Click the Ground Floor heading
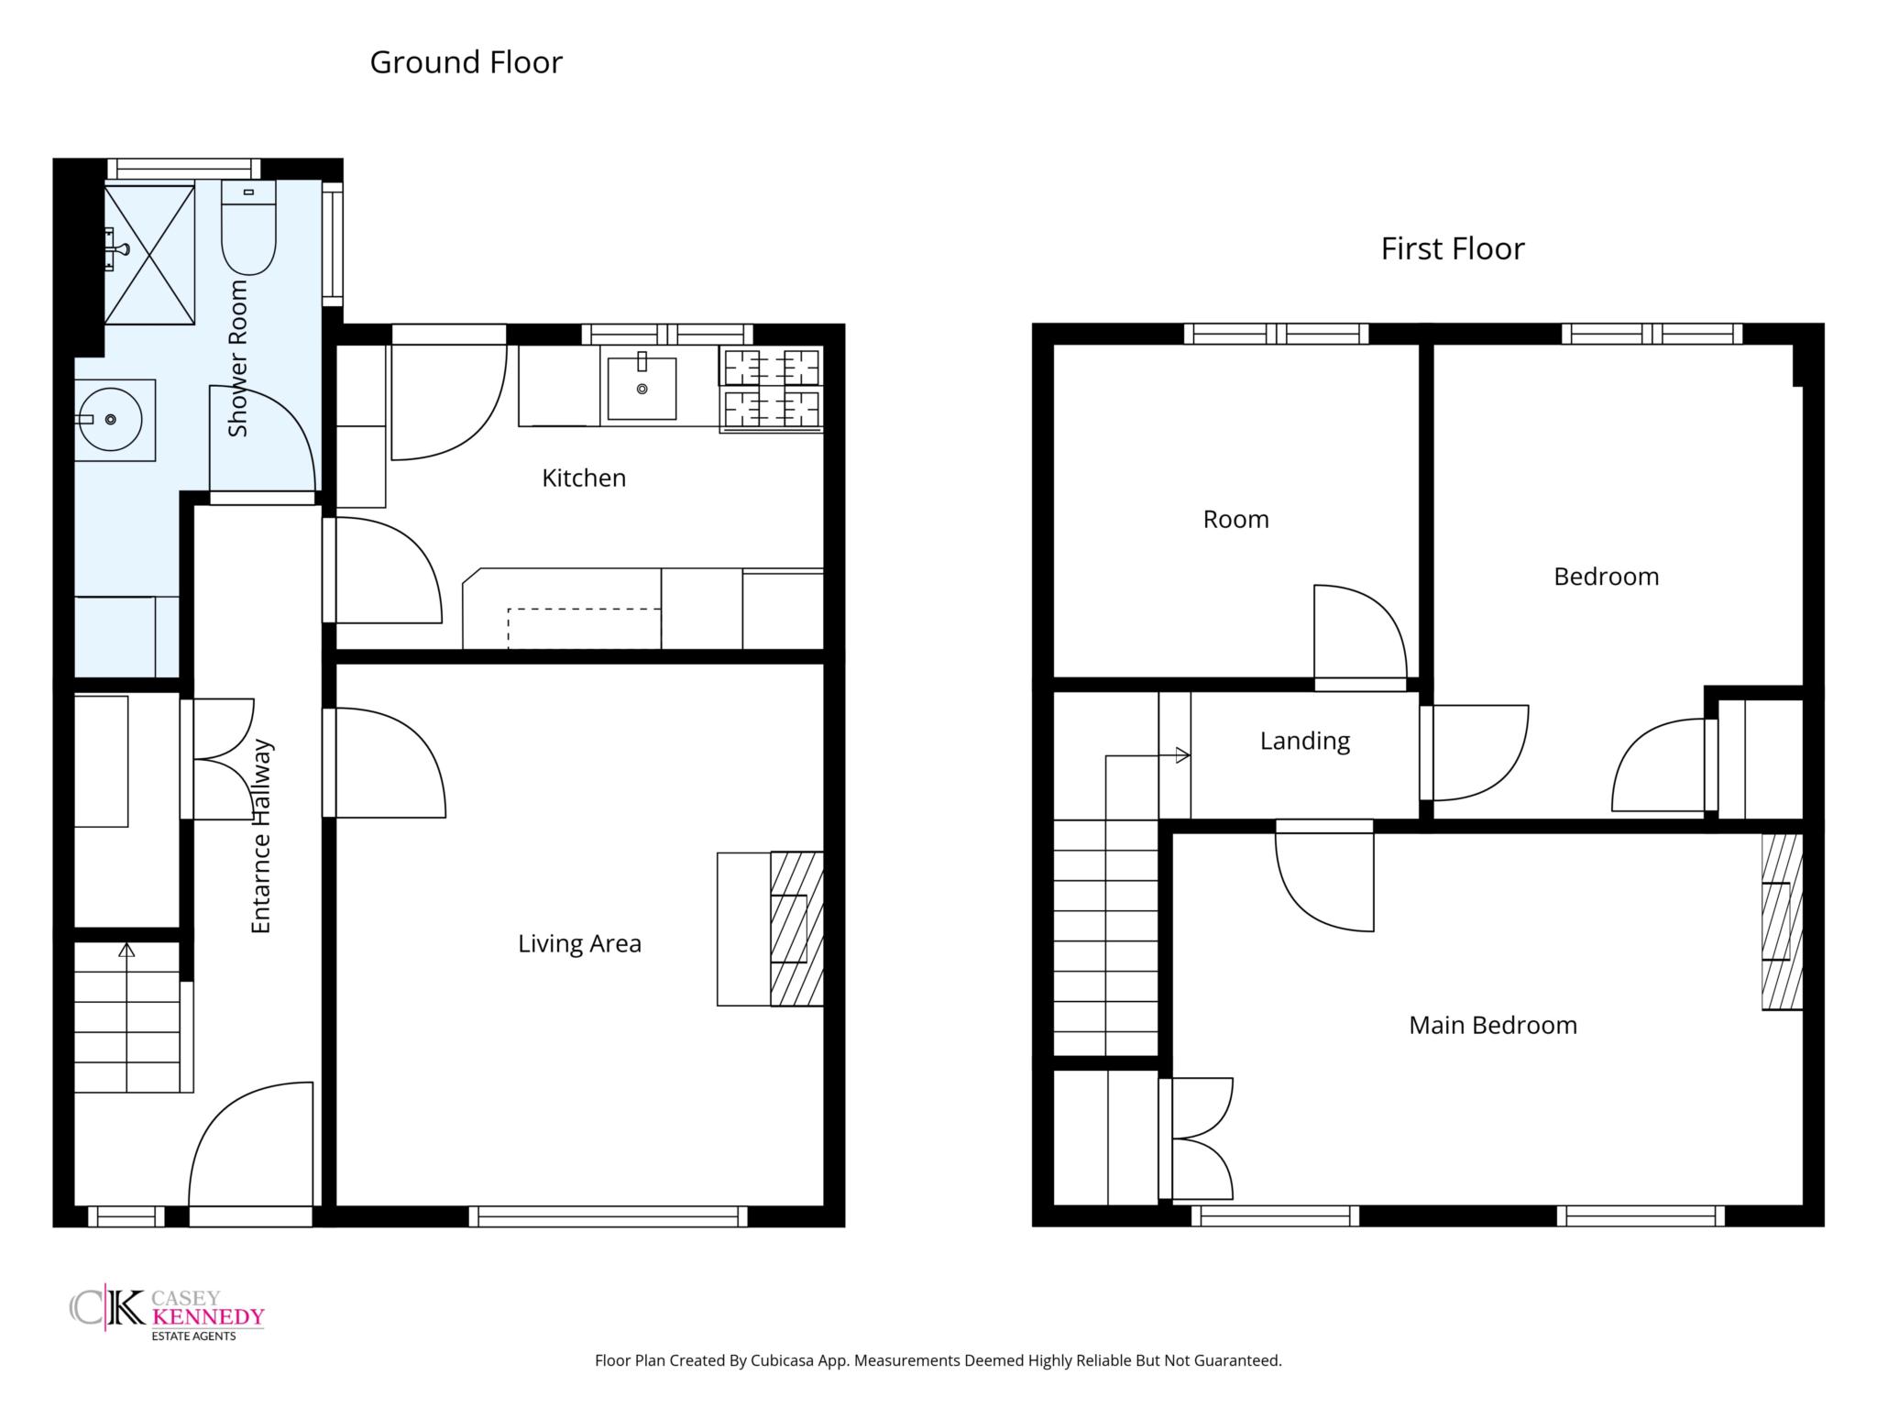tap(466, 62)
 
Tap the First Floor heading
tap(1453, 248)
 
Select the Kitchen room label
tap(584, 478)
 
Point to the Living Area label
tap(579, 944)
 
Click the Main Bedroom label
tap(1493, 1025)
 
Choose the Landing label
tap(1305, 741)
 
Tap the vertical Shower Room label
tap(238, 358)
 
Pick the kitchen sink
tap(642, 389)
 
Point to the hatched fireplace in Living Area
tap(796, 929)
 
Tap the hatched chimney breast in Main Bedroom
tap(1783, 921)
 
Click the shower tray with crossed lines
tap(148, 255)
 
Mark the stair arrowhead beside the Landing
tap(1183, 756)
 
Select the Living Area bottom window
tap(609, 1216)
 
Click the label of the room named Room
tap(1236, 520)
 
